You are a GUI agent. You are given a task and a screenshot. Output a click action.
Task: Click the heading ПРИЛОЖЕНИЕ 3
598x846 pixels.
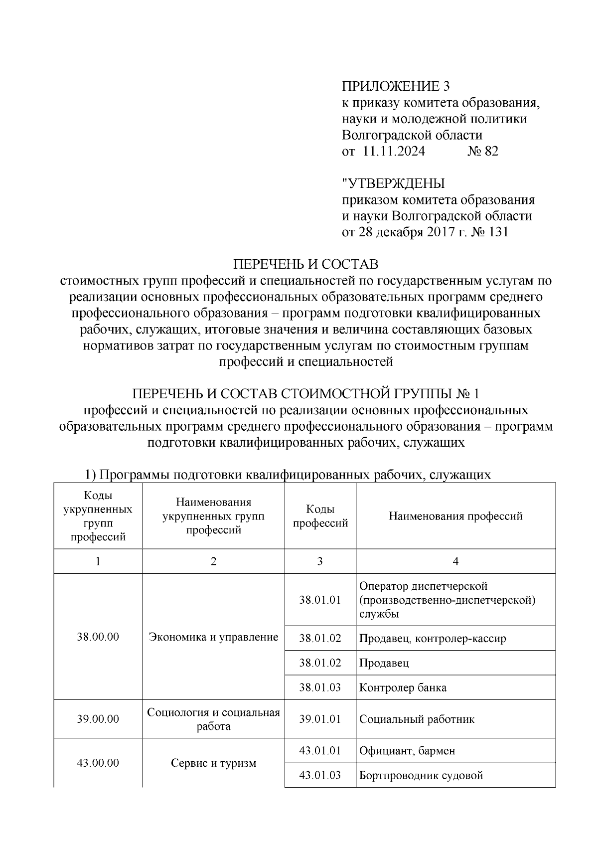tap(396, 86)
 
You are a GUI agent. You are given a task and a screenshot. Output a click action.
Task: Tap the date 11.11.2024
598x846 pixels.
tap(394, 152)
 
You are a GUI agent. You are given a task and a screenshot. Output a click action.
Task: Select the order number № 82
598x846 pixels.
tap(482, 152)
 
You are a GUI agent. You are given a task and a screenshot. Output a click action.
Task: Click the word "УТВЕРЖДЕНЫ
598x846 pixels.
tap(393, 183)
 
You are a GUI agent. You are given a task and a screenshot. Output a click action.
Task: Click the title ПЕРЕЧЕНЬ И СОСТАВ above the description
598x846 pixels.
tap(306, 264)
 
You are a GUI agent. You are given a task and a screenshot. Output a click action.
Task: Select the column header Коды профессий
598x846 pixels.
tap(320, 516)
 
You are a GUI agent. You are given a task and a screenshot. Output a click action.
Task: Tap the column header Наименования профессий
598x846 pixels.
tap(455, 516)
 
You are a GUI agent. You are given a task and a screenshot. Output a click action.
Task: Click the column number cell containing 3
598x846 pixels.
tap(320, 561)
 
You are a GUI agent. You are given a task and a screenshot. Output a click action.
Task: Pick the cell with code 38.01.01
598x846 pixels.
tap(320, 600)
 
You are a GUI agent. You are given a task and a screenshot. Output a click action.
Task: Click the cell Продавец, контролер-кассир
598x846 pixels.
tap(433, 638)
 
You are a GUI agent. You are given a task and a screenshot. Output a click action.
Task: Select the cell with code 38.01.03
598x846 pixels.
tap(320, 687)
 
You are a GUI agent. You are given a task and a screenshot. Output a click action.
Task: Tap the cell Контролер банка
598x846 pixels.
tap(403, 687)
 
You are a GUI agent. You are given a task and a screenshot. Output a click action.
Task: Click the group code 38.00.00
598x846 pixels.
tap(98, 637)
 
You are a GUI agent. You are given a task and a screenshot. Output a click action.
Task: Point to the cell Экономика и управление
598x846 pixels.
tap(213, 637)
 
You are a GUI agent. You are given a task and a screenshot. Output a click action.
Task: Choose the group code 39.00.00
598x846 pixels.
tap(98, 719)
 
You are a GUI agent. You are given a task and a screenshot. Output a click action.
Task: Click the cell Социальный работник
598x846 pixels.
tap(417, 719)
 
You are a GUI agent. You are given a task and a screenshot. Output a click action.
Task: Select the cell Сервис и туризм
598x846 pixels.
tap(213, 763)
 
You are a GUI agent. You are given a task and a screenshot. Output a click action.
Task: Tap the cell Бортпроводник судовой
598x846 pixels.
tap(421, 775)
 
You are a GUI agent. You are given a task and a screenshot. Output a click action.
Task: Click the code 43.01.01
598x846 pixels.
tap(320, 750)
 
